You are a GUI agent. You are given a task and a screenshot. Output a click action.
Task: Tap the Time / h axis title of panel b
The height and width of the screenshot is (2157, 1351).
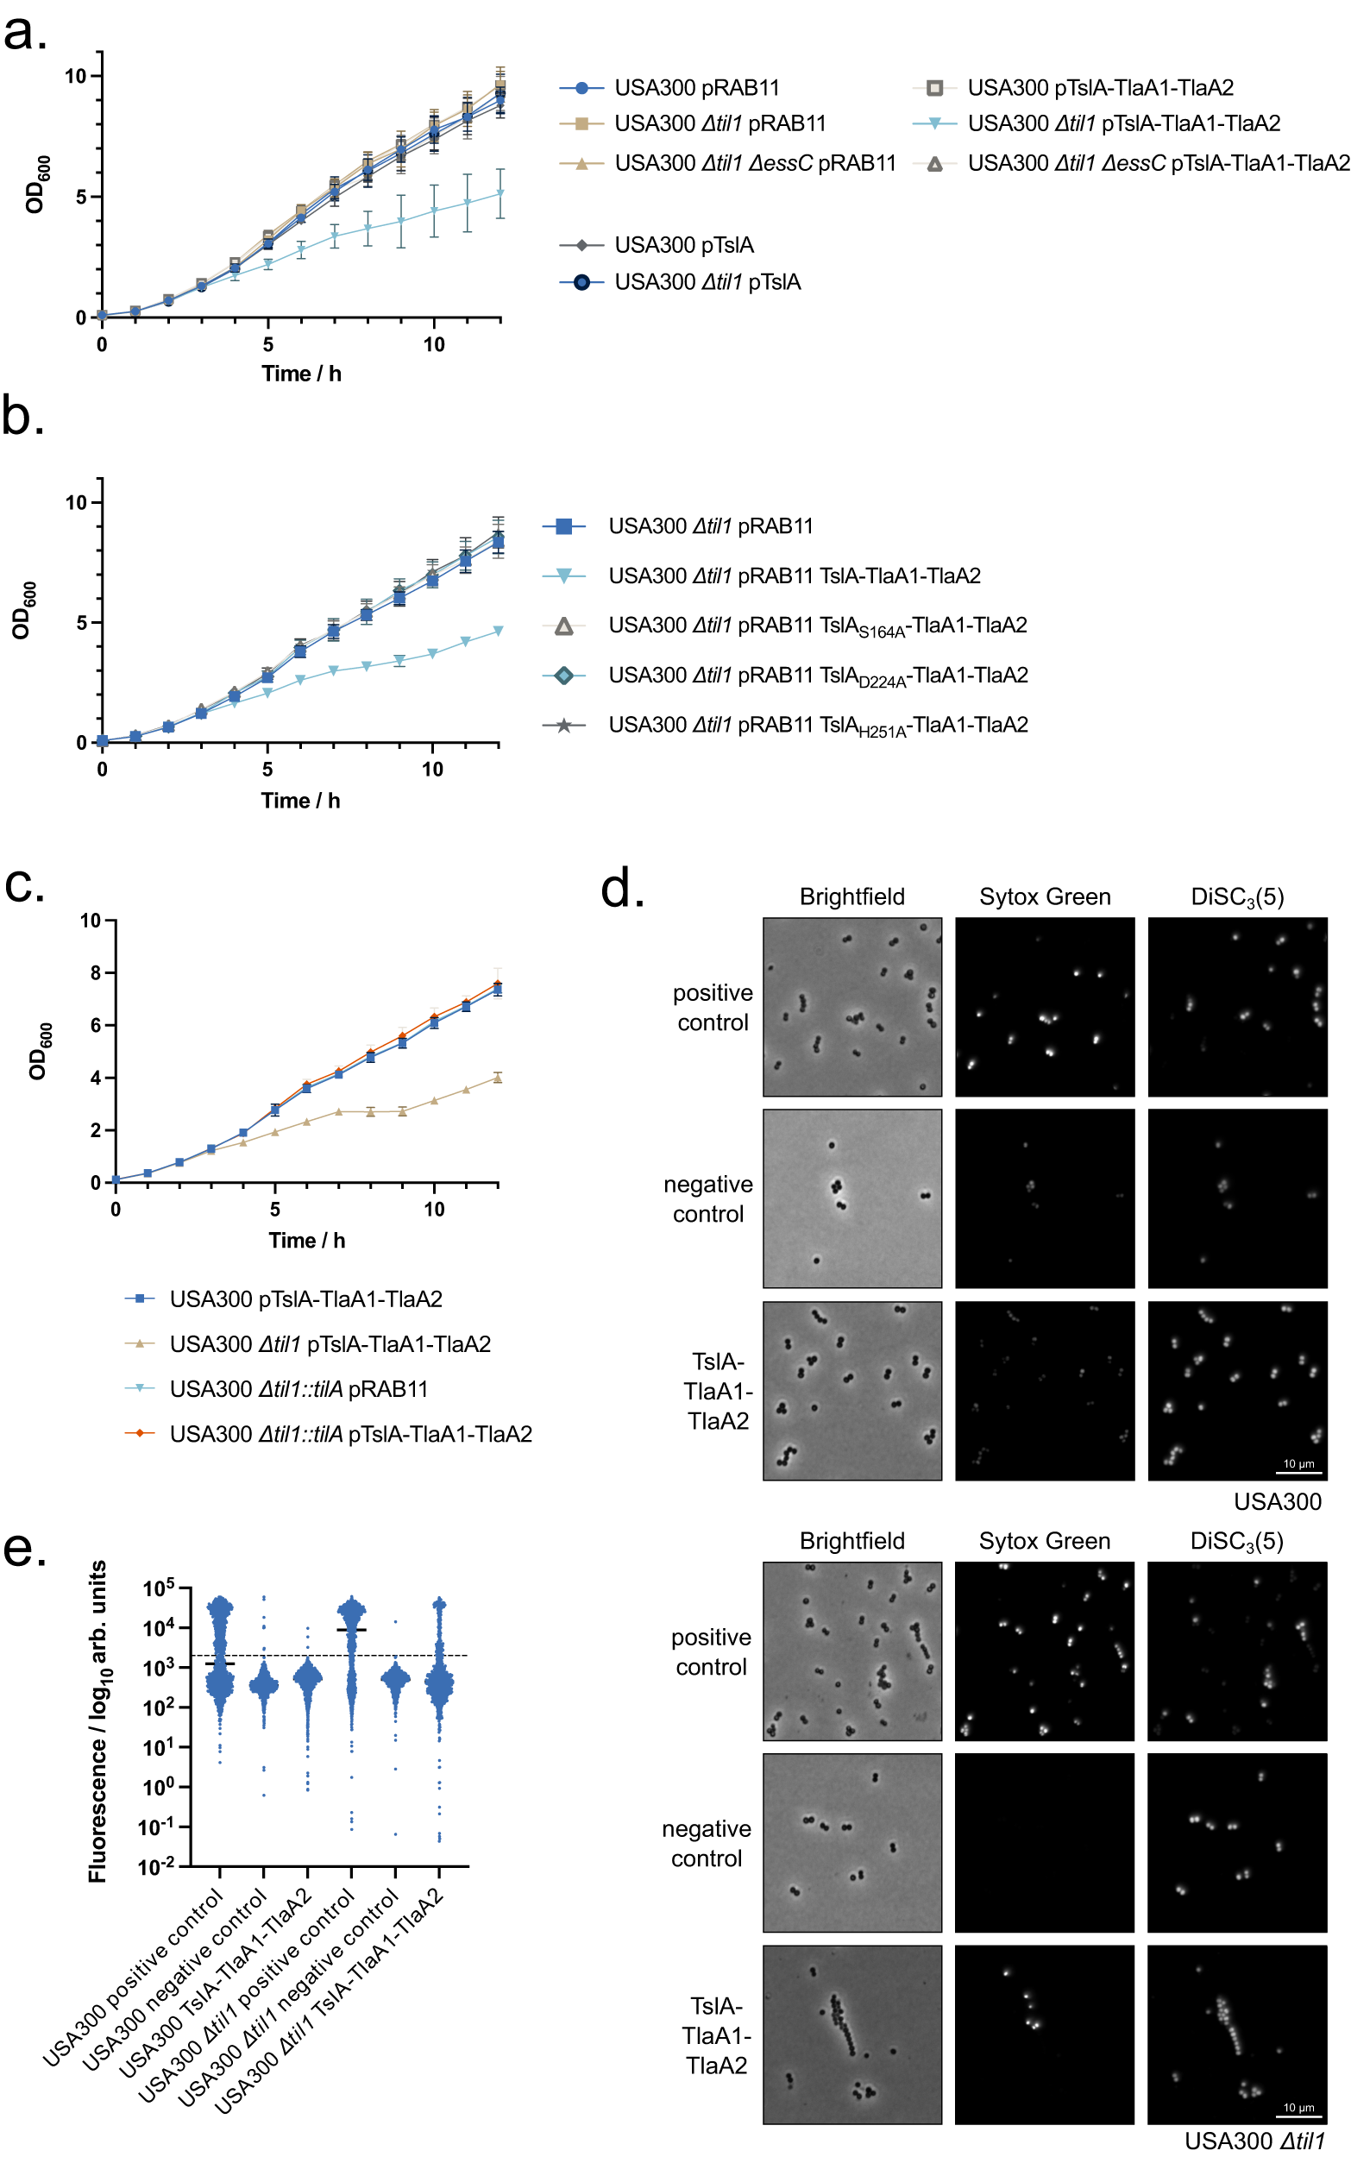point(300,801)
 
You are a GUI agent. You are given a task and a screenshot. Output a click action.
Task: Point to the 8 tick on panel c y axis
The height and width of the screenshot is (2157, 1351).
point(96,973)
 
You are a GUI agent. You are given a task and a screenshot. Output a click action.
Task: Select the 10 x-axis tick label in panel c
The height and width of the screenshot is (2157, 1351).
point(433,1210)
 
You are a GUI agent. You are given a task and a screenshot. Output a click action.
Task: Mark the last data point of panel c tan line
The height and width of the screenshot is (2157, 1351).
point(498,1078)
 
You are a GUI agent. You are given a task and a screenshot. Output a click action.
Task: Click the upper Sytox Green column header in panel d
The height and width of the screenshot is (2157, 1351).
point(1045,896)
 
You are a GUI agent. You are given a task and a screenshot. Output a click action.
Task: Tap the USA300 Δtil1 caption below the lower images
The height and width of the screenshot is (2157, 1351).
point(1254,2141)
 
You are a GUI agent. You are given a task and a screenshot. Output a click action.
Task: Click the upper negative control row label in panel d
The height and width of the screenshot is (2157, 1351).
point(707,1199)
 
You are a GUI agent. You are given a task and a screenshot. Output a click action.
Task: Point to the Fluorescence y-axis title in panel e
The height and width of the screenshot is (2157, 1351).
point(97,1721)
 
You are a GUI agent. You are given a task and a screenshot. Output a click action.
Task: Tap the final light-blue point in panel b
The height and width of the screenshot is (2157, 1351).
point(498,631)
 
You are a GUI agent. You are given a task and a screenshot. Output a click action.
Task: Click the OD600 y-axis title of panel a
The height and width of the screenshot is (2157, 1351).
point(36,185)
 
